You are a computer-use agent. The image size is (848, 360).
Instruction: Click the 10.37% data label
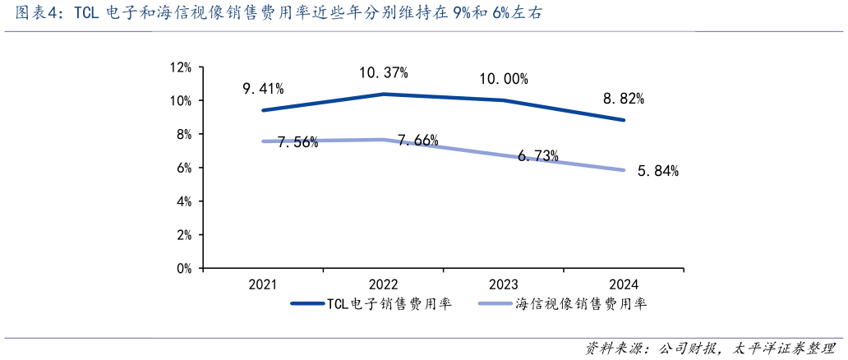[383, 73]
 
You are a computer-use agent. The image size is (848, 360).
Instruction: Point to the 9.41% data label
[263, 89]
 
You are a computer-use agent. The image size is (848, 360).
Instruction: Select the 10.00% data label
[504, 80]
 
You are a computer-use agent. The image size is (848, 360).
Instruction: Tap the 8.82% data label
[624, 99]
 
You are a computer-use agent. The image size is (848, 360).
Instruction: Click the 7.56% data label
[297, 142]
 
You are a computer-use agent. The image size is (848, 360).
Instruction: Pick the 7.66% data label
[417, 141]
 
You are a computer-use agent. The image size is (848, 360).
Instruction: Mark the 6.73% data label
[538, 155]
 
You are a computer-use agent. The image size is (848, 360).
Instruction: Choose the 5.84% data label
[657, 172]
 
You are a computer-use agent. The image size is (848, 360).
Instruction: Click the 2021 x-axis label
[263, 285]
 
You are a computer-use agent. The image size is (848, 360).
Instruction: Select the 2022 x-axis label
[383, 285]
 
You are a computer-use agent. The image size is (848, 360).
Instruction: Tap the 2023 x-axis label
[504, 285]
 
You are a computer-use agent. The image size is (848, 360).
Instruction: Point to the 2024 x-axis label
[624, 285]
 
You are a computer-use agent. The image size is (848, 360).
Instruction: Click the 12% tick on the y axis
[180, 67]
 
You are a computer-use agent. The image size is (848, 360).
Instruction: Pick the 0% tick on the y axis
[183, 268]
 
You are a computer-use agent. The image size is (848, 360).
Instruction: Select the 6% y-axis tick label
[183, 168]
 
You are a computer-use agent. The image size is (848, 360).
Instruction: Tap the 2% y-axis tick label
[183, 234]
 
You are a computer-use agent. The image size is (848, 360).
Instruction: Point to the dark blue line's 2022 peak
[383, 95]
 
